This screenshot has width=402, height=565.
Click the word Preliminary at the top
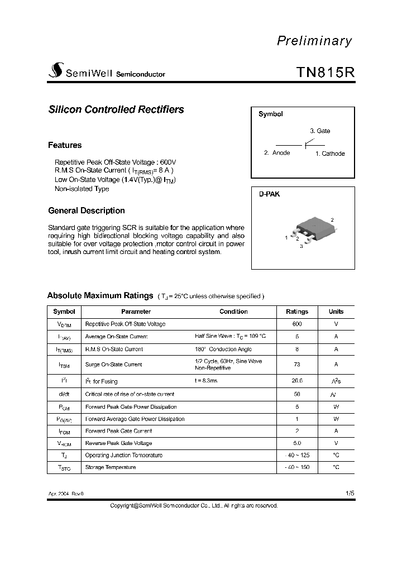click(x=314, y=41)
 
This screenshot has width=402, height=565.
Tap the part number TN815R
click(x=324, y=73)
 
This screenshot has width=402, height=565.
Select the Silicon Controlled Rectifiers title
click(x=116, y=109)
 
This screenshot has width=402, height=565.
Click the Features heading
click(x=65, y=145)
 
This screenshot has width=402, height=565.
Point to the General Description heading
click(x=87, y=210)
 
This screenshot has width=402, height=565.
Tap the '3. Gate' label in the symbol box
click(x=320, y=131)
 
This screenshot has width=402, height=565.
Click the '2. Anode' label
click(x=277, y=153)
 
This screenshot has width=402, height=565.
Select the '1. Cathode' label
click(x=330, y=154)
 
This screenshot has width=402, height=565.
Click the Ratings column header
click(x=297, y=312)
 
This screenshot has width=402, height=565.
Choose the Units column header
click(x=336, y=312)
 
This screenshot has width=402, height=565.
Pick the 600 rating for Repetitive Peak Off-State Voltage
click(x=297, y=324)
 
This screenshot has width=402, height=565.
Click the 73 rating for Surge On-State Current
click(x=297, y=365)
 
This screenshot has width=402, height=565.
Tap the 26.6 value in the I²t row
click(x=297, y=381)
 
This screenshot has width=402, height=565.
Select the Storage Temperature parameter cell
click(x=110, y=467)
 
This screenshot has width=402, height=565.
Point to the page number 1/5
click(x=350, y=494)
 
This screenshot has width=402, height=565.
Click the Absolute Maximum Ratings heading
click(x=100, y=296)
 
